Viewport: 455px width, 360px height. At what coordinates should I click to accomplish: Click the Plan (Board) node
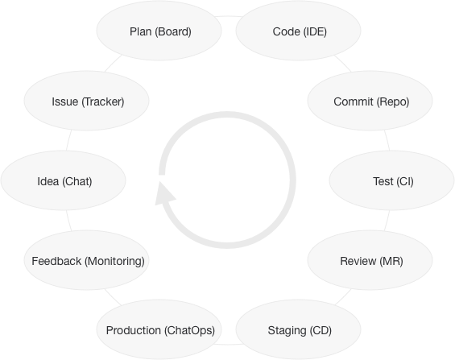click(x=159, y=31)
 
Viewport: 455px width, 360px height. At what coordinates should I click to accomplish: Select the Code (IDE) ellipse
click(x=298, y=31)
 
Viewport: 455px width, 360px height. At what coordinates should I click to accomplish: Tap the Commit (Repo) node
click(x=370, y=101)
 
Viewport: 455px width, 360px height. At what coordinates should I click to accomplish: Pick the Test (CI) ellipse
click(x=391, y=180)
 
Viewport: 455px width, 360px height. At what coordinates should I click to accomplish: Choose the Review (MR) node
click(x=370, y=260)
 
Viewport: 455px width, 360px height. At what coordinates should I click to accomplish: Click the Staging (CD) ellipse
click(x=298, y=329)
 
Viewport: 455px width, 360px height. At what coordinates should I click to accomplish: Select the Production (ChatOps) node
click(x=159, y=329)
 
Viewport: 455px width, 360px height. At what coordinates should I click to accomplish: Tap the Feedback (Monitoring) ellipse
click(x=86, y=260)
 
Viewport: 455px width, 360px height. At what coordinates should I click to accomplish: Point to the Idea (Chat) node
click(x=64, y=180)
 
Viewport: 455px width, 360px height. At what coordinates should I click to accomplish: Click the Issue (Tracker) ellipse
click(x=86, y=101)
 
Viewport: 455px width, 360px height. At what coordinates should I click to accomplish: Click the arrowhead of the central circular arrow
click(x=164, y=194)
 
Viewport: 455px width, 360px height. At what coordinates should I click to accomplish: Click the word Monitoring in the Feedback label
click(x=114, y=262)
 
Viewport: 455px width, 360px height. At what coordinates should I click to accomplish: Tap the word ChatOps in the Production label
click(x=189, y=331)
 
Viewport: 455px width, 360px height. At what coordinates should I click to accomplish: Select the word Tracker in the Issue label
click(x=103, y=101)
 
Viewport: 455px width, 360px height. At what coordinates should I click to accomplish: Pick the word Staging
click(x=287, y=331)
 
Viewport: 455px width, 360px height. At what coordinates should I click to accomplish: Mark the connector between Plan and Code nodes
click(x=229, y=16)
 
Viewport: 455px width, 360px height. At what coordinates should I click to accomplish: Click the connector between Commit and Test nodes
click(x=387, y=140)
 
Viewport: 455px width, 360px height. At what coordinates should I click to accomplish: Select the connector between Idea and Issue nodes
click(x=68, y=140)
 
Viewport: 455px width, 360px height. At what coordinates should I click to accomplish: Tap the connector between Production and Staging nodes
click(x=229, y=345)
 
